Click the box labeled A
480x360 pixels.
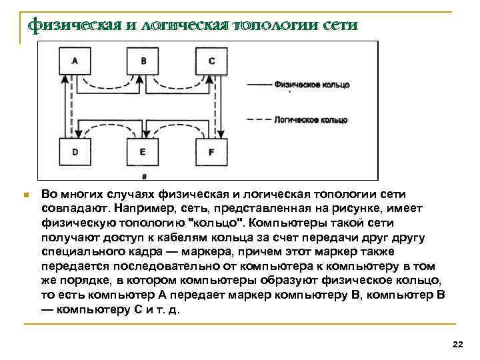[x=75, y=60]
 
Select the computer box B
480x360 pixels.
[x=143, y=60]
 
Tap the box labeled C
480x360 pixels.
[x=211, y=60]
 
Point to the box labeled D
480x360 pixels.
[x=75, y=152]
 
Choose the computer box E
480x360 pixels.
[x=143, y=152]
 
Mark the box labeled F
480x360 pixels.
[x=211, y=152]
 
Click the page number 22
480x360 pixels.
[x=457, y=343]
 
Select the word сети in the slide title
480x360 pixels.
[x=339, y=25]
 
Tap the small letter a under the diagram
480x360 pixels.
[x=143, y=176]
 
